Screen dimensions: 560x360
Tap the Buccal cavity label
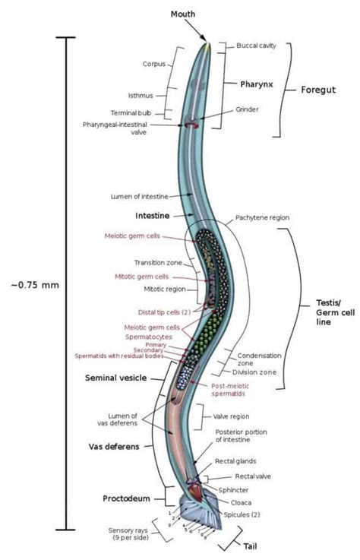(x=255, y=46)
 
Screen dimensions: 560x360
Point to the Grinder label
(x=248, y=109)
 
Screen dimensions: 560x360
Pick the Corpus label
(x=154, y=65)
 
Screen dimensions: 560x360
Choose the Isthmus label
(x=141, y=95)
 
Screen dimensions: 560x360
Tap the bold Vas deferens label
(x=116, y=447)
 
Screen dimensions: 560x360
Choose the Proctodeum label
(x=125, y=498)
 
